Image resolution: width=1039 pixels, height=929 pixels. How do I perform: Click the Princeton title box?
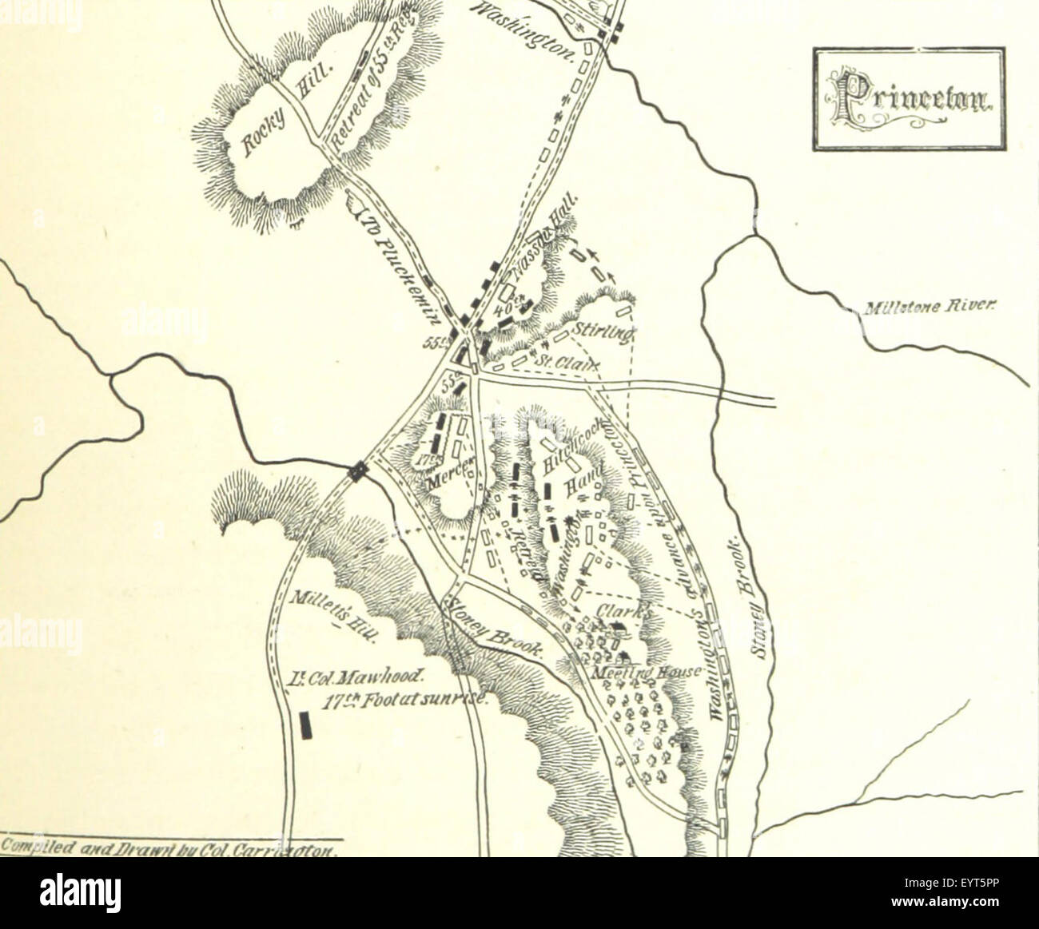click(909, 99)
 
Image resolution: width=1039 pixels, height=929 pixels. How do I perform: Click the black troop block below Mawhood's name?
click(305, 725)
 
